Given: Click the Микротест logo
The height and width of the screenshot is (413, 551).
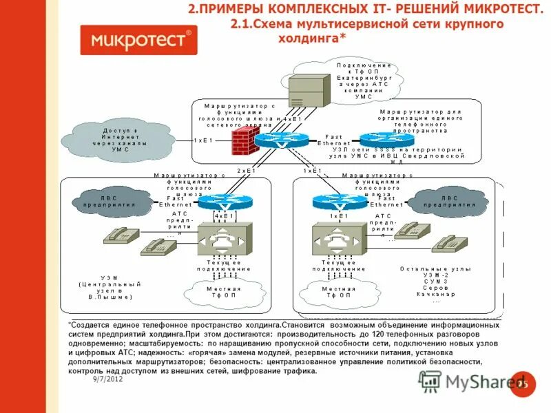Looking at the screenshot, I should click(138, 40).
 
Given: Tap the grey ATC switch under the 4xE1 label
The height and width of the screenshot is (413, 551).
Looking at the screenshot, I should click(226, 239).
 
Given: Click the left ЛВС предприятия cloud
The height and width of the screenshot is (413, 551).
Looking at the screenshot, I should click(112, 200).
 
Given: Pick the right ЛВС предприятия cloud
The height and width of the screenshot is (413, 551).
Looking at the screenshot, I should click(441, 200).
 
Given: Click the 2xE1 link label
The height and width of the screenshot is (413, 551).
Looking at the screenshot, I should click(246, 170).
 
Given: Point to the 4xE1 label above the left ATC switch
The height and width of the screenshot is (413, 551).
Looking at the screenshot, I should click(225, 215).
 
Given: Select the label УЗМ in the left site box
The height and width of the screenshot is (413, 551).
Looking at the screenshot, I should click(110, 278).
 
